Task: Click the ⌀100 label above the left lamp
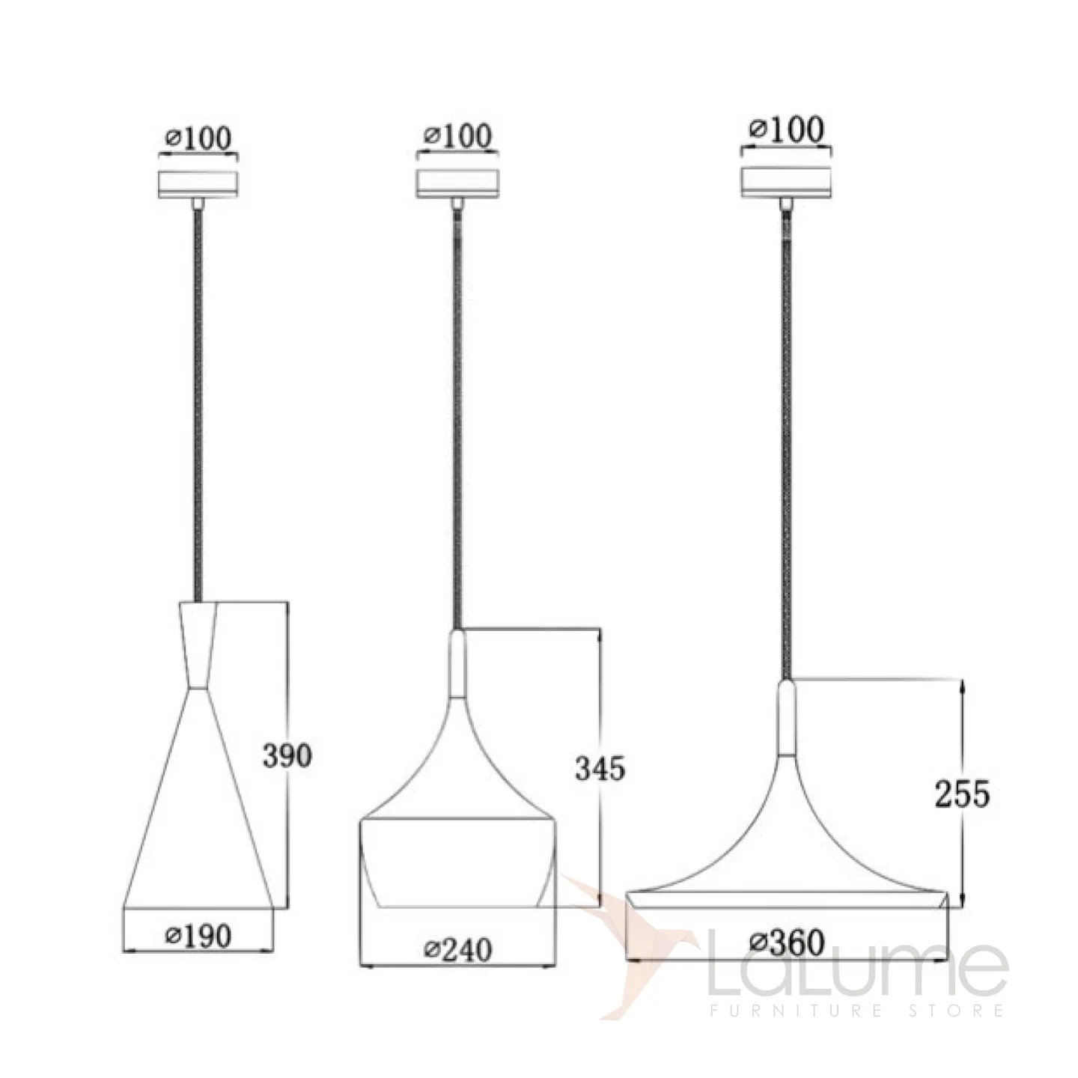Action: pos(198,138)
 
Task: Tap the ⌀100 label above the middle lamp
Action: pos(457,136)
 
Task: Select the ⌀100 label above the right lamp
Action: pos(786,130)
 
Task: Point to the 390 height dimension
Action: pos(287,756)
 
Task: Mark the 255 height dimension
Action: pos(962,794)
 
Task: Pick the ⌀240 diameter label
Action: pos(457,950)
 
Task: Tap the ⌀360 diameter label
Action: pos(787,943)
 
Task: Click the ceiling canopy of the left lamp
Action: pos(198,184)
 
